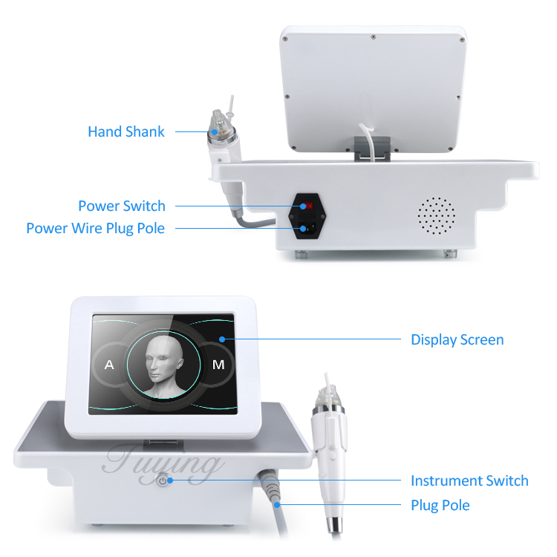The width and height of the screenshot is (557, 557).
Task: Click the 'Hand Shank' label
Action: (x=126, y=131)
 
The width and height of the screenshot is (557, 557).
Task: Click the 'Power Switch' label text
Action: (x=122, y=206)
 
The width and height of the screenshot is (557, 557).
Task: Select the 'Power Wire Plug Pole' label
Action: (x=95, y=228)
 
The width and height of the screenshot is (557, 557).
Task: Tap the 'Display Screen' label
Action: (x=457, y=339)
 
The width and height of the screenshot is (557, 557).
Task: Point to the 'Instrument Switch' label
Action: (x=469, y=481)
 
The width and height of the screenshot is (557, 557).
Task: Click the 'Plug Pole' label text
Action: (x=440, y=505)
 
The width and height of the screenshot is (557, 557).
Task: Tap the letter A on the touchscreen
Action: (x=109, y=365)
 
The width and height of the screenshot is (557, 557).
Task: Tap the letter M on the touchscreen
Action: (x=218, y=365)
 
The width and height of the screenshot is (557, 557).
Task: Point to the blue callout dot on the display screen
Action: (x=221, y=339)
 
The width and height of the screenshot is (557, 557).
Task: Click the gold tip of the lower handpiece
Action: (x=328, y=400)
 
